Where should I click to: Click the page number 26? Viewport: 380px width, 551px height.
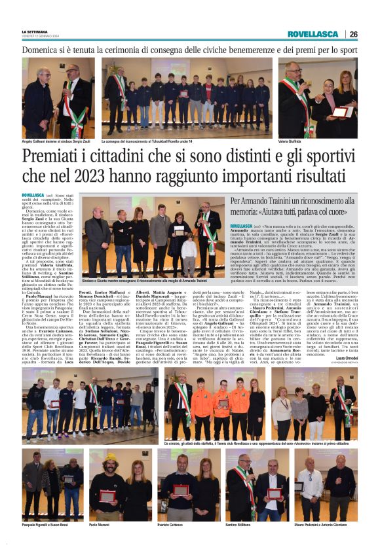353,34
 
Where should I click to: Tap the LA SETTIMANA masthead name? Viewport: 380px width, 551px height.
34,31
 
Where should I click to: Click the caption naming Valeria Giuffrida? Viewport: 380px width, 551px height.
293,141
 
